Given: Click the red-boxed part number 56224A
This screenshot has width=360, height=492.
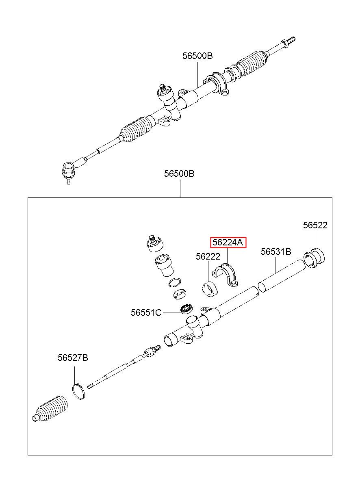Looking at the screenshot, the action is [228, 242].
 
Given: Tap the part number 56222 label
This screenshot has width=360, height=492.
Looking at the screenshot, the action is [208, 256].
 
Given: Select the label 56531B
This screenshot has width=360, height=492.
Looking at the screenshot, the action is [276, 251].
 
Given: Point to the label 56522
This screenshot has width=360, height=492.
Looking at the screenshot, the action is [315, 225].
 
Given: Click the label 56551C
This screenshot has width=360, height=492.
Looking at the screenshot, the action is [146, 312].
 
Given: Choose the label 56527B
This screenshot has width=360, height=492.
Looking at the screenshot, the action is [73, 358].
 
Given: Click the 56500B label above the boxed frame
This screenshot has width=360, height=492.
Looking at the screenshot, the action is [179, 174].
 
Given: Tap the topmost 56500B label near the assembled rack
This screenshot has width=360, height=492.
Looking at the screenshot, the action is [197, 56].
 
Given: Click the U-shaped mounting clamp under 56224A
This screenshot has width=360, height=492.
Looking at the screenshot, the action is [225, 275].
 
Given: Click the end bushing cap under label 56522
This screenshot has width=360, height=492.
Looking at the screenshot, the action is [314, 258].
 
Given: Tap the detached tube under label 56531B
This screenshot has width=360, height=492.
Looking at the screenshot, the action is [282, 276].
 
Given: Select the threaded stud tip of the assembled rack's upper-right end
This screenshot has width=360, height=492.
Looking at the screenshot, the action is [291, 40].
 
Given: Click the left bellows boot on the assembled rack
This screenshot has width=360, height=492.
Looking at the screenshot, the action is [137, 129].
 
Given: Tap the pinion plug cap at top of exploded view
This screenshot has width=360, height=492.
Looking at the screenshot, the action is [154, 244].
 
